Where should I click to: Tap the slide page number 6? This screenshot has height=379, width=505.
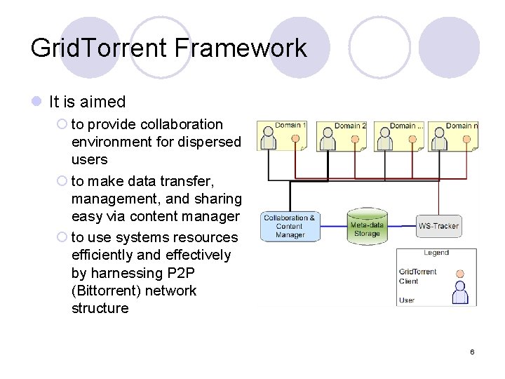(472, 352)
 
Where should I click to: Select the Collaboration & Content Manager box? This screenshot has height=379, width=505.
(290, 226)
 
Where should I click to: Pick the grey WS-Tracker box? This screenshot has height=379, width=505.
(438, 226)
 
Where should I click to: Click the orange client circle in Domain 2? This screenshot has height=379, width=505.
(354, 138)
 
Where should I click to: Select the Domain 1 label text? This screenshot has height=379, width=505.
(290, 126)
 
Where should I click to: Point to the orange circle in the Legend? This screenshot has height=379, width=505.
(460, 274)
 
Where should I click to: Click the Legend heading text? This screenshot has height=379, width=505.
(436, 253)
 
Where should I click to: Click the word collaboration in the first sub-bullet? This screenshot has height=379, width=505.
(182, 124)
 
